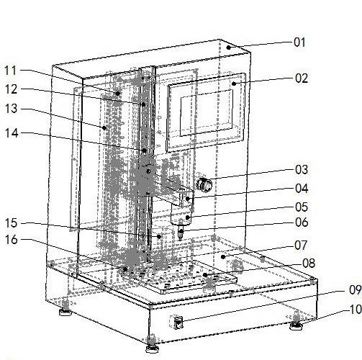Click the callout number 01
tap(299, 42)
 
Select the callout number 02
tap(302, 78)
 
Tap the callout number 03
tap(302, 170)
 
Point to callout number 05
tap(302, 207)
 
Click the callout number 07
tap(301, 246)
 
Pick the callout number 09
tap(356, 289)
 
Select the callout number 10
tap(356, 310)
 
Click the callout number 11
tap(11, 71)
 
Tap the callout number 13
tap(11, 109)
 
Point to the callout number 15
tap(12, 223)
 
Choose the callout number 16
tap(12, 240)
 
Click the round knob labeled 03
tap(204, 185)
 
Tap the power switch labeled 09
tap(178, 323)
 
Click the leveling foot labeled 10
tap(297, 324)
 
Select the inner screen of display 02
tap(207, 113)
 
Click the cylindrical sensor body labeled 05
tap(181, 215)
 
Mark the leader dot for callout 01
tap(229, 48)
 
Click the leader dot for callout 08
tap(205, 275)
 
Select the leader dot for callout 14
tap(145, 150)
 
